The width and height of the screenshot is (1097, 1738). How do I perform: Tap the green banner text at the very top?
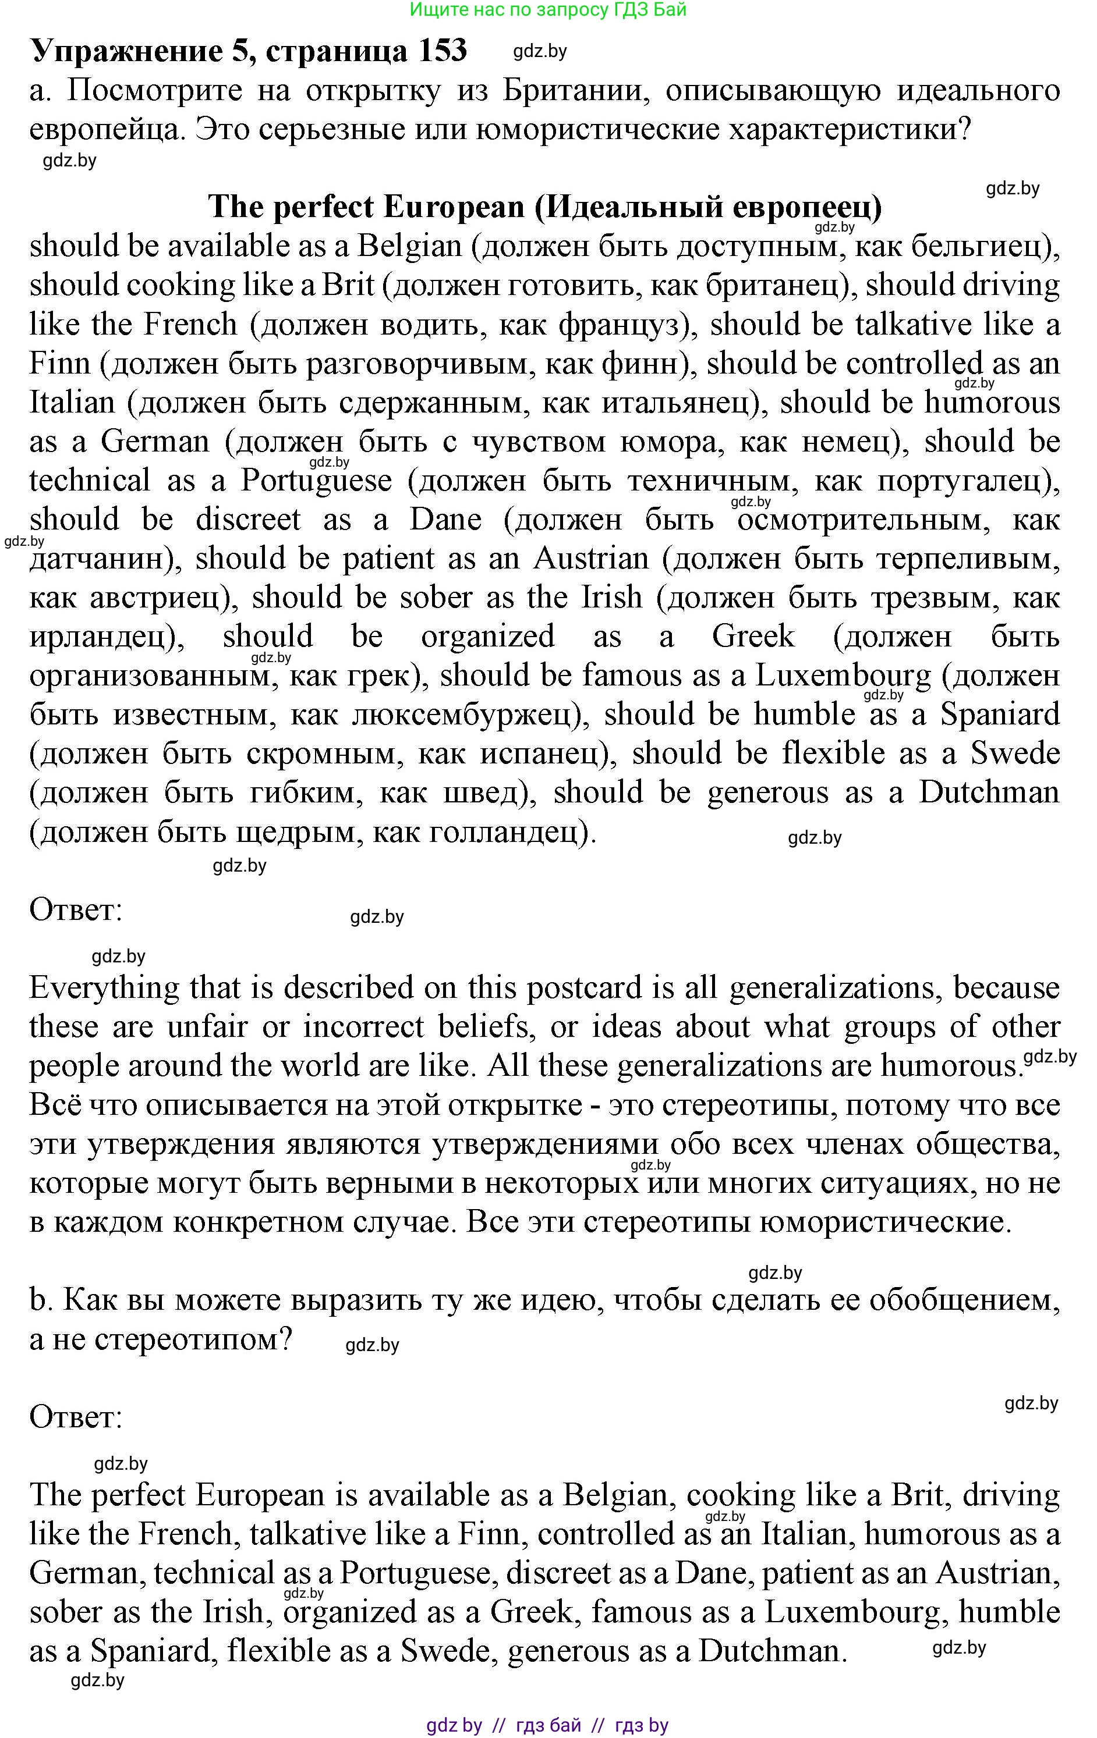pyautogui.click(x=547, y=9)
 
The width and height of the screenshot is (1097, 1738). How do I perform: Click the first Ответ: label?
pyautogui.click(x=76, y=910)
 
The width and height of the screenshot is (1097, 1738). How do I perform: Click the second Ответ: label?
pyautogui.click(x=76, y=1417)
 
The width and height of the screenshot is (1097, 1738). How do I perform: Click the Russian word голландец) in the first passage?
pyautogui.click(x=513, y=833)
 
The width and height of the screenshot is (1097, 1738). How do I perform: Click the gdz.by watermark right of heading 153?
pyautogui.click(x=539, y=51)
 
